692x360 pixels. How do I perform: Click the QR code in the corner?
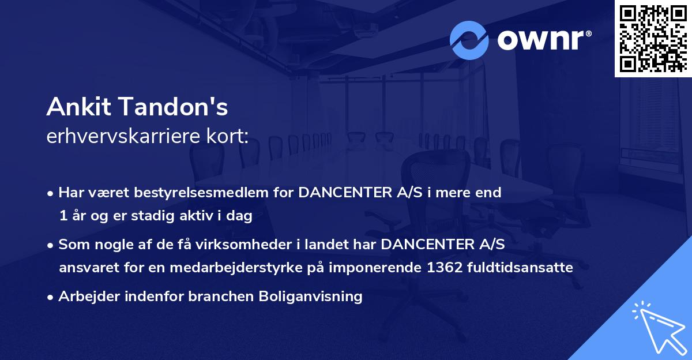point(653,39)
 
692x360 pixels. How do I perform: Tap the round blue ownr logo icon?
point(470,40)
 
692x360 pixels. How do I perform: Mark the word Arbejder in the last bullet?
point(84,297)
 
